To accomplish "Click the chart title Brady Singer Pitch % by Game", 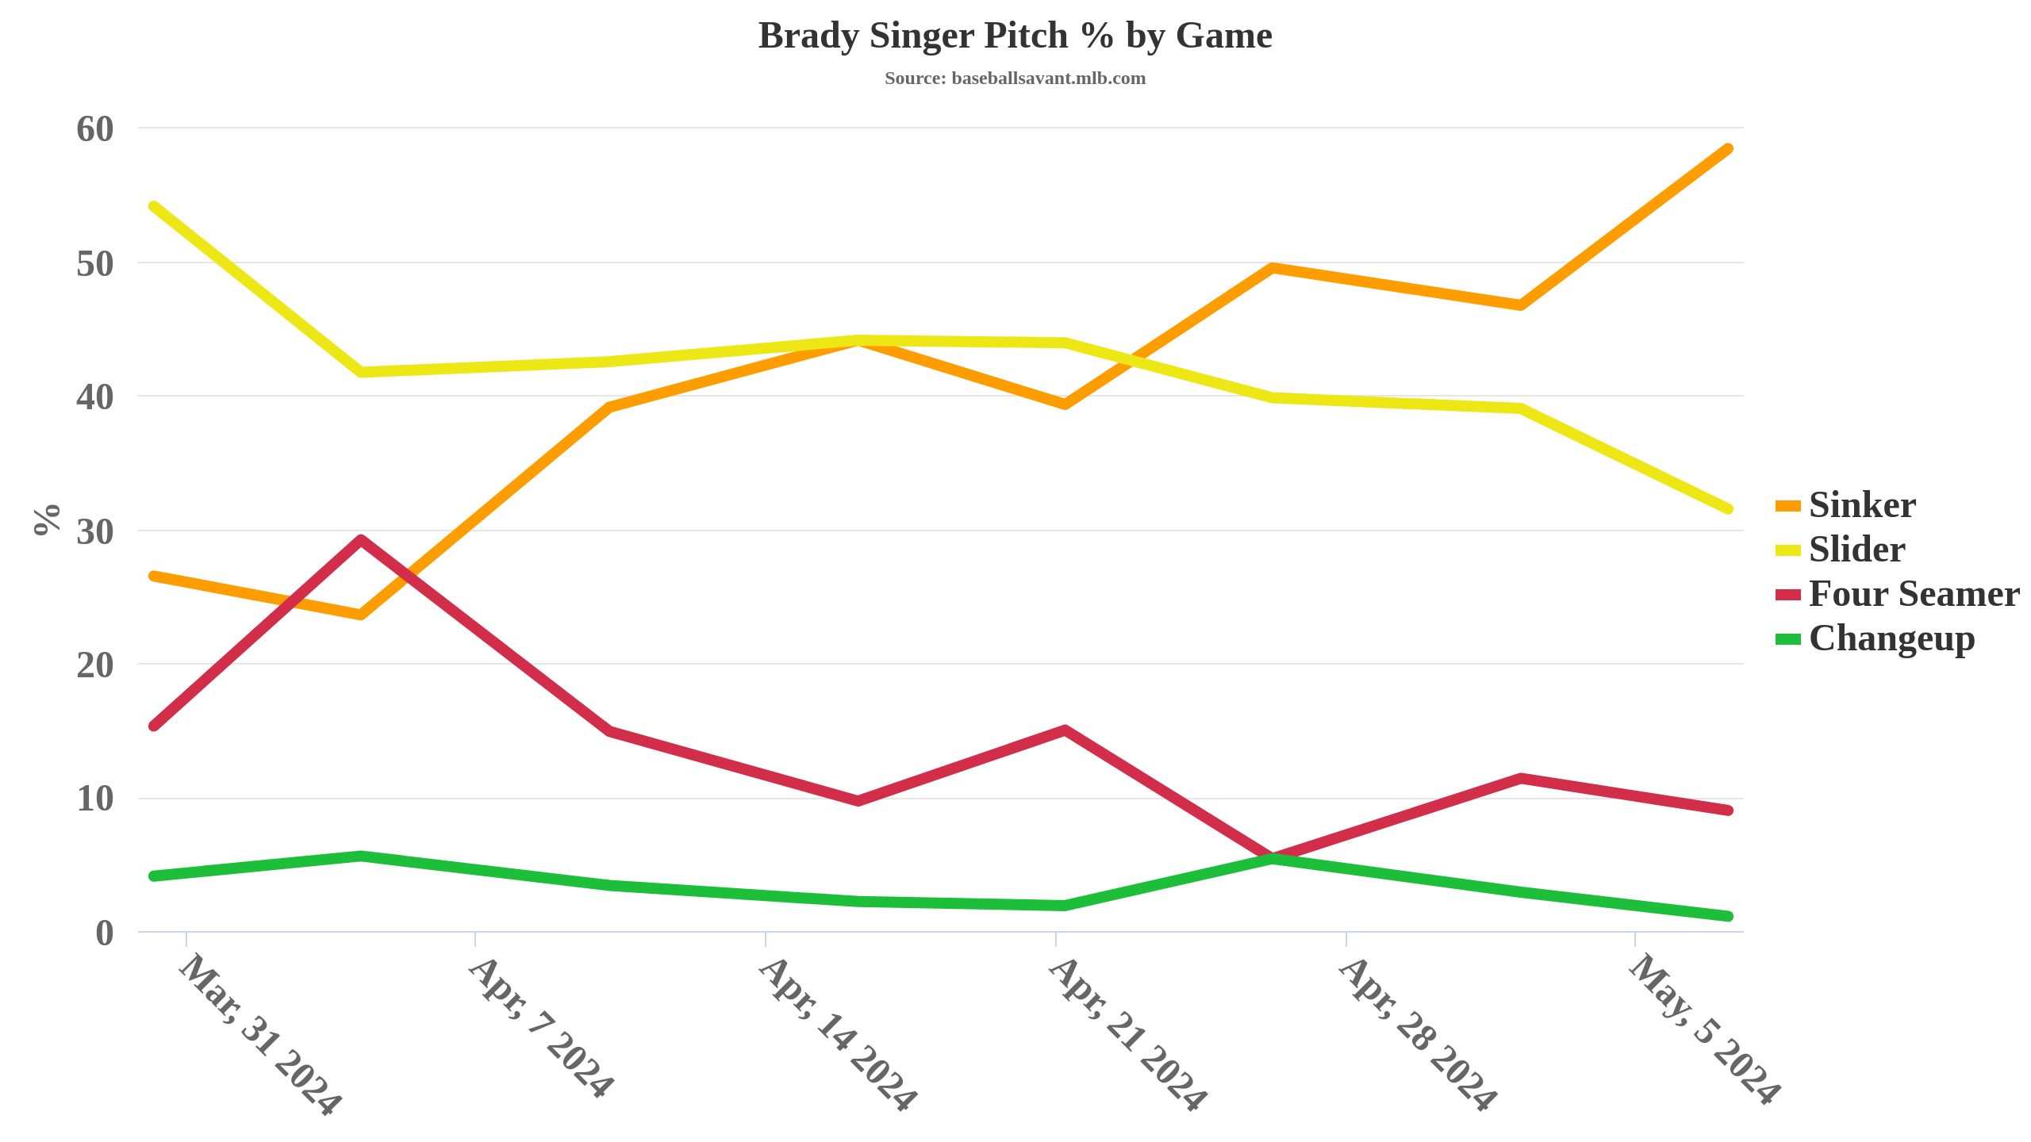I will [x=1015, y=36].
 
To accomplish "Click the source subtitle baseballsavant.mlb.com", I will [x=1015, y=79].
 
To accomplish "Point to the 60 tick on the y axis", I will [x=95, y=129].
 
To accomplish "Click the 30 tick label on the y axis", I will [x=95, y=532].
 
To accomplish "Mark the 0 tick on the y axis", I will [x=105, y=933].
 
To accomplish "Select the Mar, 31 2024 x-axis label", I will [x=260, y=1035].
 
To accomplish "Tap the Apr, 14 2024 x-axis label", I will [x=838, y=1035].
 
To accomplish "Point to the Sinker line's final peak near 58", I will [x=1728, y=149].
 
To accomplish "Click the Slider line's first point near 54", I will [x=154, y=207].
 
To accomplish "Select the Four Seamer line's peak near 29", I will [x=361, y=541].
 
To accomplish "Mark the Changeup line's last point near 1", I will [x=1728, y=916].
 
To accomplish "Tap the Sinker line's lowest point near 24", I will [x=361, y=615].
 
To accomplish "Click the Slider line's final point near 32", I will [x=1728, y=509].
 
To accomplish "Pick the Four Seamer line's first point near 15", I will [x=154, y=726].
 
